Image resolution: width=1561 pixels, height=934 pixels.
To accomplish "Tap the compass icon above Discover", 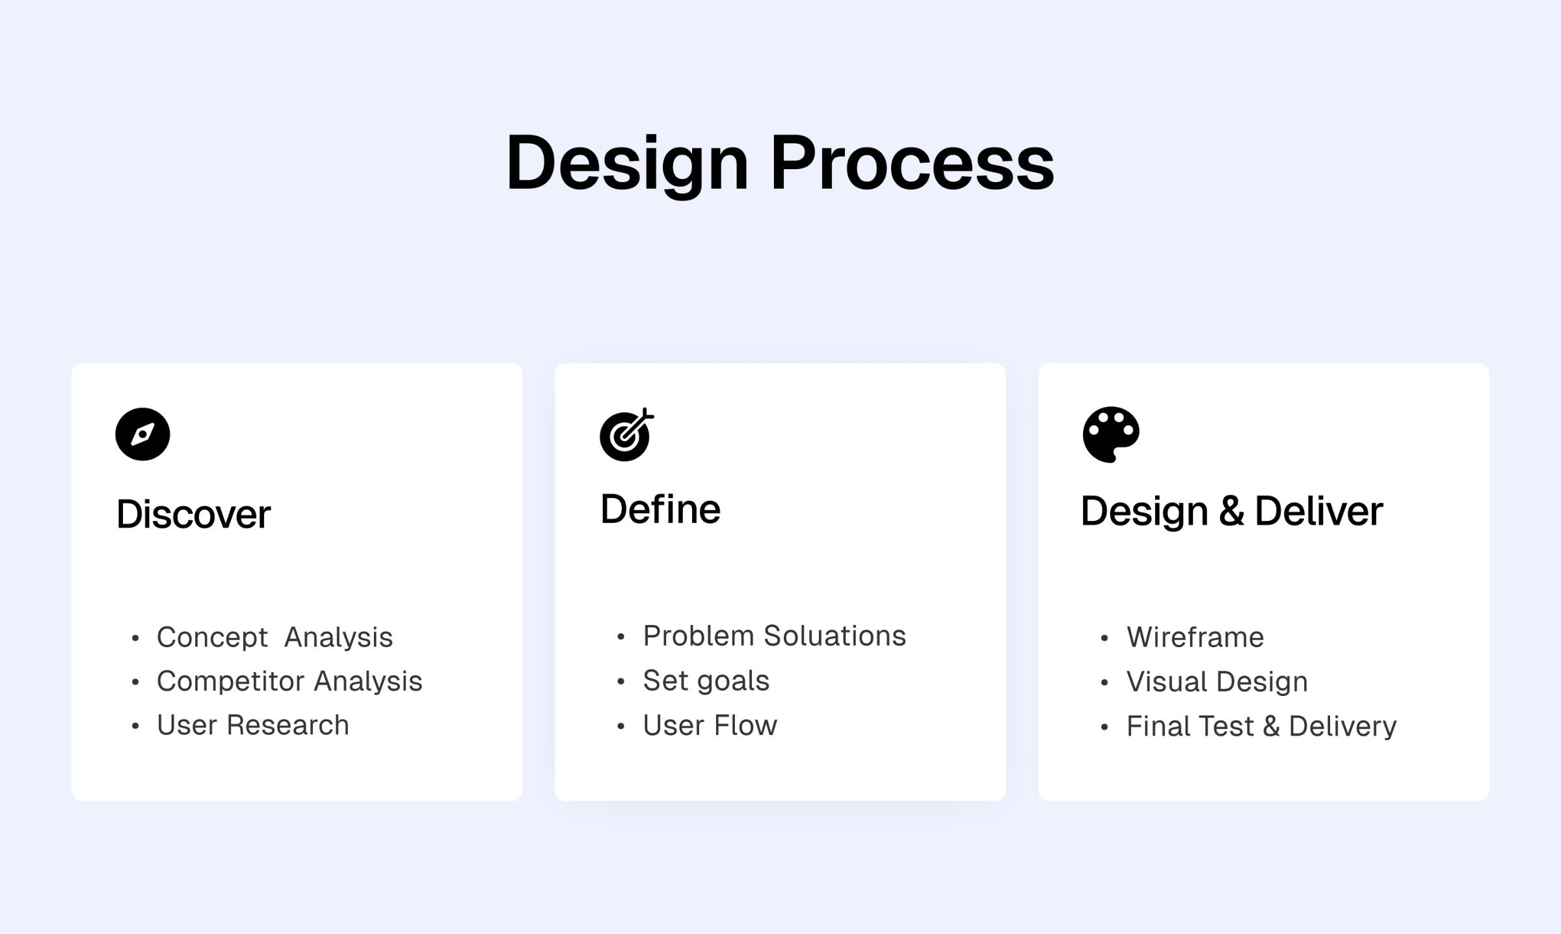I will tap(142, 434).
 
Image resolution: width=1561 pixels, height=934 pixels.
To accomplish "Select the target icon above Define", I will tap(626, 434).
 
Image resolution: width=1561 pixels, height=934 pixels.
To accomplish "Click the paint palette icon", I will tap(1110, 434).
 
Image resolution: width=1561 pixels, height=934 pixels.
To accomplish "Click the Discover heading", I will tap(193, 514).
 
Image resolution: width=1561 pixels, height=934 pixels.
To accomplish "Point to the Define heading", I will tap(660, 509).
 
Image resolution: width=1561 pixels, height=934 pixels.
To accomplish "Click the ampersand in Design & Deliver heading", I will tap(1231, 511).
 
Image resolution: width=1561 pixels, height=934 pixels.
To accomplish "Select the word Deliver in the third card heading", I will tap(1318, 511).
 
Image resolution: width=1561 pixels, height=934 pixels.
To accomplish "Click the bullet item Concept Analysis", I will tap(274, 637).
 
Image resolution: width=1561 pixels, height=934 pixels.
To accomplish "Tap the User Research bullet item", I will tap(252, 725).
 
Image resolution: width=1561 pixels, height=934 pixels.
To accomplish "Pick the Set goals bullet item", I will tap(706, 681).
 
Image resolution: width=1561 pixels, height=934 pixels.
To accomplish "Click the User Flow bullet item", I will tap(710, 725).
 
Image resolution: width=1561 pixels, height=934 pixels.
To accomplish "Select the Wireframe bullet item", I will tap(1195, 637).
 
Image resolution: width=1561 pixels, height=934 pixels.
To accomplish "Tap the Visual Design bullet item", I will tap(1216, 682).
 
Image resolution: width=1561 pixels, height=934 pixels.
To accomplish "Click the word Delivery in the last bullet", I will tap(1342, 727).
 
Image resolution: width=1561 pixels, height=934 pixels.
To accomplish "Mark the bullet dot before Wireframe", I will tap(1104, 639).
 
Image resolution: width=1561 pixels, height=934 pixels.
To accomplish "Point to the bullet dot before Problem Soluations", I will tap(620, 637).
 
